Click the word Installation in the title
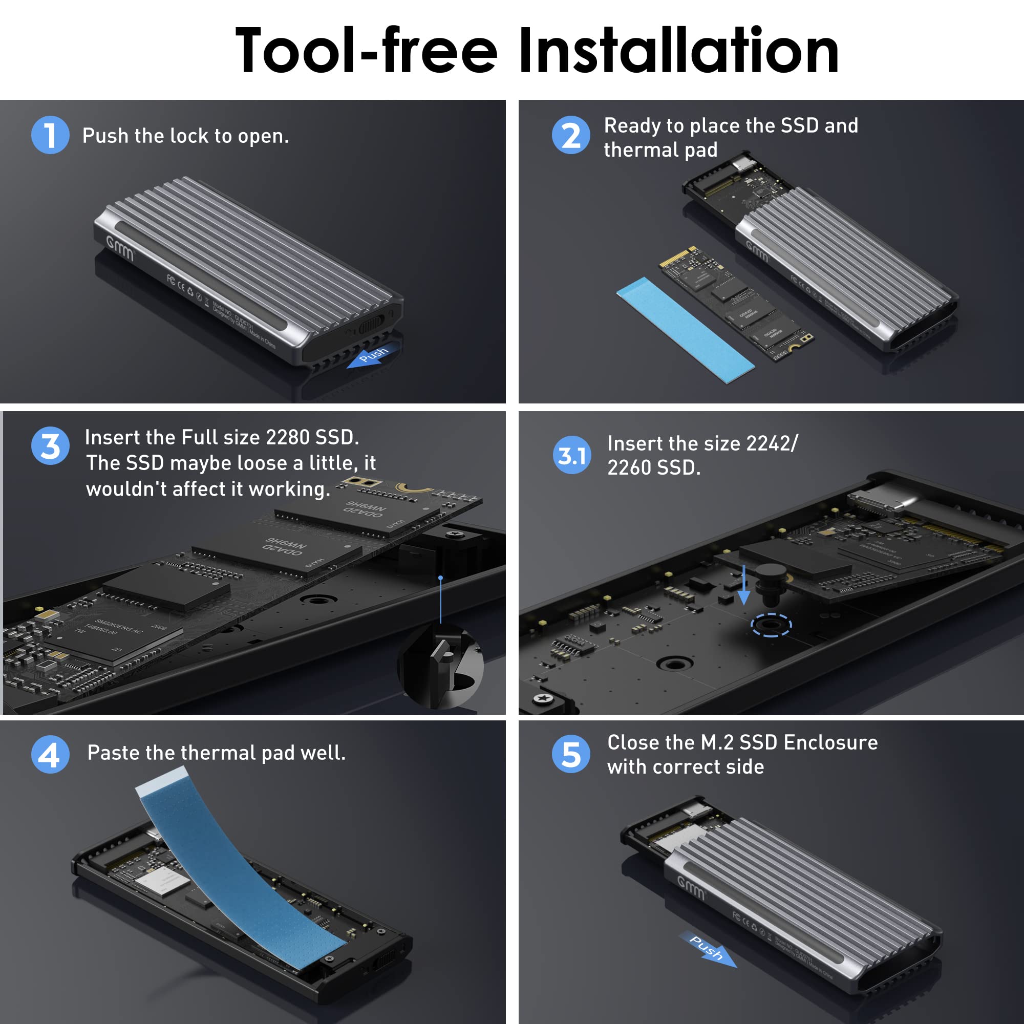[x=678, y=51]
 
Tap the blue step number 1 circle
[x=50, y=135]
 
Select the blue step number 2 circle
[x=570, y=135]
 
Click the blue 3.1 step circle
[x=571, y=455]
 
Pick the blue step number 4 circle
[x=50, y=754]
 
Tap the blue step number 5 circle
[x=570, y=754]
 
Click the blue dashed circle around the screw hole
[x=771, y=625]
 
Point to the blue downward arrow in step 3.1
[x=743, y=586]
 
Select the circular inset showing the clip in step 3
[x=441, y=667]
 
